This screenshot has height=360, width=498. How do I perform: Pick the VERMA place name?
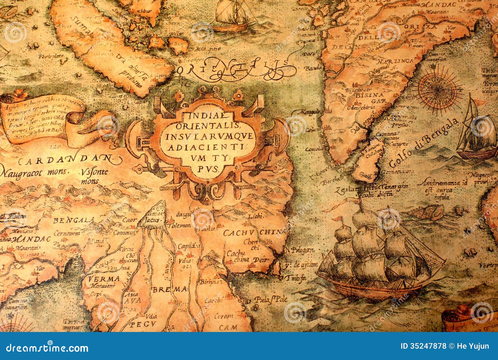coord(99,278)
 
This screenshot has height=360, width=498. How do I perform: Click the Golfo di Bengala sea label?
coord(424,144)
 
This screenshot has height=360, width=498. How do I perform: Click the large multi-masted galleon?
coord(380,258)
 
